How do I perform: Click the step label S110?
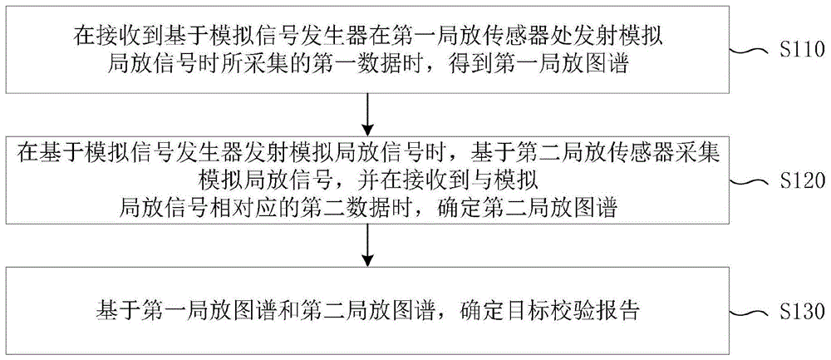tap(800, 51)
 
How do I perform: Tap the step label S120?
tap(800, 180)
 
